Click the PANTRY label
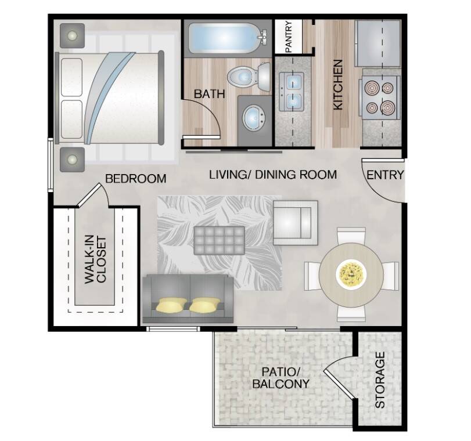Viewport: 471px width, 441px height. point(289,37)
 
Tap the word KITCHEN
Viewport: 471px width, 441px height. point(338,85)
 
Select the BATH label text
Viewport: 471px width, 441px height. point(210,94)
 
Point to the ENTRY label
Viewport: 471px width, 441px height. point(385,175)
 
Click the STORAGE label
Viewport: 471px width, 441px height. point(380,379)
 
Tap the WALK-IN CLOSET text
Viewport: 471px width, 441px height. point(95,260)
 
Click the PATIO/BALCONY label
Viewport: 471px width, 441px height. point(281,378)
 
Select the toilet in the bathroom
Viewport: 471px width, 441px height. point(249,77)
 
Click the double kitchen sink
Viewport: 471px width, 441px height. point(291,92)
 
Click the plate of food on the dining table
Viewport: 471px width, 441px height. point(351,273)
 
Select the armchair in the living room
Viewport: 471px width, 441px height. point(295,223)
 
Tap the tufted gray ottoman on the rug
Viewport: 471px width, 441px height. point(220,240)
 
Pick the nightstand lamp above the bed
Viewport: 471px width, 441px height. point(72,36)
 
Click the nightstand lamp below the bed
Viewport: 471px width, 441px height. point(72,160)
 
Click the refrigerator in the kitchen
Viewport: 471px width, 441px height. point(378,43)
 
